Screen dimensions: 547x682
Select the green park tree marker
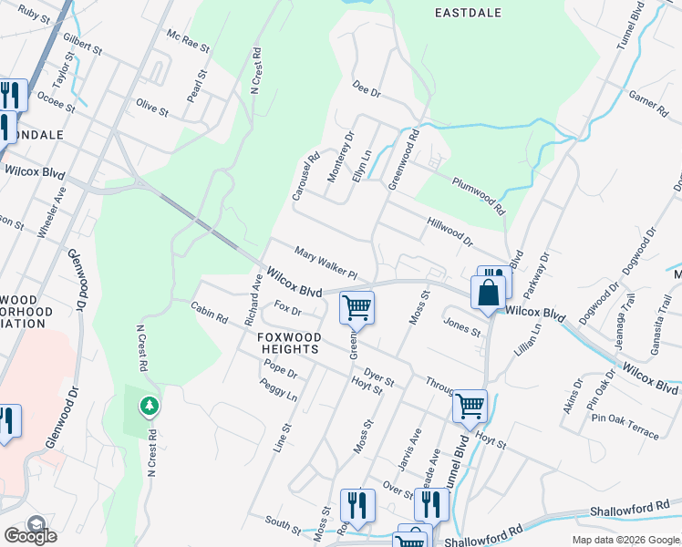(148, 405)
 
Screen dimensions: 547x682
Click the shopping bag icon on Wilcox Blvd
(488, 294)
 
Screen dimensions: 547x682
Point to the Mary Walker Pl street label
(325, 262)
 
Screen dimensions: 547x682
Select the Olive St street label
(152, 108)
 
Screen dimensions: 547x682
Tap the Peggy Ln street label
(279, 391)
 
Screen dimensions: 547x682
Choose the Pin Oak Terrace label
(624, 426)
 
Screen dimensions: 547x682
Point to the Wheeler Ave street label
(52, 212)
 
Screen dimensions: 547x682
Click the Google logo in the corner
(30, 535)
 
